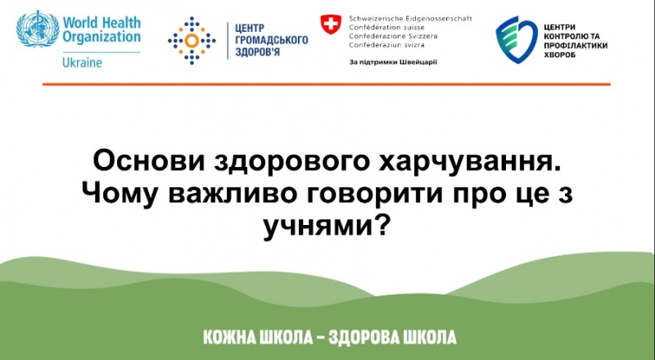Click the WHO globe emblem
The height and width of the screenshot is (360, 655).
[38, 29]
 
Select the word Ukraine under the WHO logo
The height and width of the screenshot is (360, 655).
[82, 63]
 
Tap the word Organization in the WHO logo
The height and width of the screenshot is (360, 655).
[102, 37]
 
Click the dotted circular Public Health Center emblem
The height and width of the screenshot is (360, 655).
[192, 41]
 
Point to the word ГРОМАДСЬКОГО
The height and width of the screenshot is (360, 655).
[272, 41]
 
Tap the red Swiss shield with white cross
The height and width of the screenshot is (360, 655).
[331, 25]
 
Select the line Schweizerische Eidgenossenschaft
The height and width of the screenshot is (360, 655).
[411, 19]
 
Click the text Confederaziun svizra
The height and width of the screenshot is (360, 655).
[386, 45]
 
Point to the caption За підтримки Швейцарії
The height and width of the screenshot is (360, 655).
[393, 63]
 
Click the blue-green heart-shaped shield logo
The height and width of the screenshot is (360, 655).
[517, 39]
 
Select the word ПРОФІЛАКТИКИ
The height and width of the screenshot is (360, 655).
[576, 46]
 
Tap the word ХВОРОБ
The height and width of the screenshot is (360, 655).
[560, 55]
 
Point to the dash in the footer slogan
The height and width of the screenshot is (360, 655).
[321, 337]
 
